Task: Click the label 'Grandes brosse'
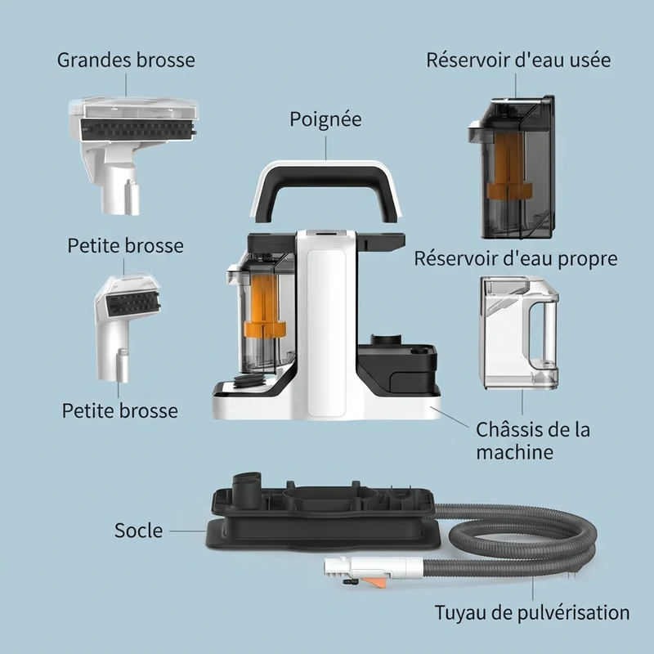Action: pyautogui.click(x=126, y=60)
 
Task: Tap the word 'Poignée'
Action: pyautogui.click(x=325, y=119)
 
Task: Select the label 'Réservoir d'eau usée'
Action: pyautogui.click(x=518, y=60)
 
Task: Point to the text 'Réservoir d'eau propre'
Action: pyautogui.click(x=516, y=259)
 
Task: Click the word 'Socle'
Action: pyautogui.click(x=138, y=531)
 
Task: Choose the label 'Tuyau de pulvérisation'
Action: pyautogui.click(x=532, y=613)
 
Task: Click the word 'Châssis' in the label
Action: pyautogui.click(x=505, y=430)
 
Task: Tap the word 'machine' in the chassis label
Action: pyautogui.click(x=515, y=453)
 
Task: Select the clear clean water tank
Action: pyautogui.click(x=520, y=333)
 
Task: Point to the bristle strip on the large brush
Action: pyautogui.click(x=138, y=128)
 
